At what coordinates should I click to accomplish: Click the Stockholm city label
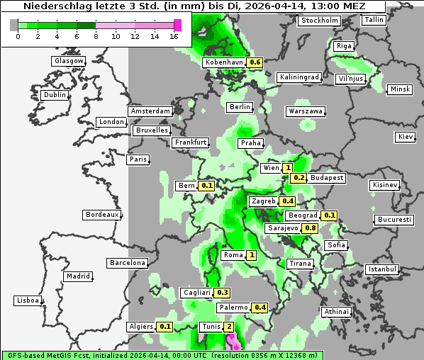coord(318,21)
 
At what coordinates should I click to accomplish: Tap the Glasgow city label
coord(69,61)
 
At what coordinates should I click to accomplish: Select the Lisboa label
coord(27,300)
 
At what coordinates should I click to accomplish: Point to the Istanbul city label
coord(382,269)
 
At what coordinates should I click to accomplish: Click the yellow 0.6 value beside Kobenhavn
coord(255,62)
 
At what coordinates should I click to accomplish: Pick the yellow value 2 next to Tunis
coord(228,327)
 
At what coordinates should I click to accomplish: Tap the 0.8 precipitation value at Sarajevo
coord(310,228)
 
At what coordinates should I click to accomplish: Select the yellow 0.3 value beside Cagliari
coord(223,293)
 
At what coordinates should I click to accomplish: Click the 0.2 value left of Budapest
coord(299,178)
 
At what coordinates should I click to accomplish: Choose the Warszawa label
coord(306,111)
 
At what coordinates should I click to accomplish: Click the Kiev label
coord(406,136)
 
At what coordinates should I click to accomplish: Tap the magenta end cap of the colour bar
coord(177,25)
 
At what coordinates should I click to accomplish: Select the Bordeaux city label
coord(101,214)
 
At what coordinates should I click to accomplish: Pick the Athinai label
coord(336,311)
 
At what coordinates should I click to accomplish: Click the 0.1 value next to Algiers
coord(165,327)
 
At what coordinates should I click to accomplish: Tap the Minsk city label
coord(399,89)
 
